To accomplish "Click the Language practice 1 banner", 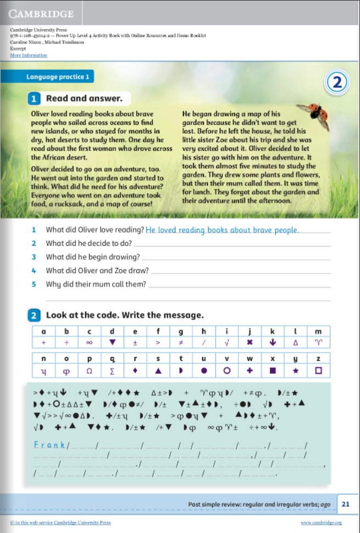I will pyautogui.click(x=57, y=76).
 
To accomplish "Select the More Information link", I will pyautogui.click(x=29, y=55).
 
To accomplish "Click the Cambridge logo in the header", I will pyautogui.click(x=41, y=13).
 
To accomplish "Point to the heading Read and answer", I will pyautogui.click(x=88, y=98).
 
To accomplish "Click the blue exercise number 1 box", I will pyautogui.click(x=34, y=99).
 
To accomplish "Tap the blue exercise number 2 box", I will pyautogui.click(x=34, y=315).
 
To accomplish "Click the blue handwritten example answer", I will pyautogui.click(x=222, y=230).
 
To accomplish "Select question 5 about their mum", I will pyautogui.click(x=96, y=284).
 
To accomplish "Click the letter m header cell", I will pyautogui.click(x=318, y=331).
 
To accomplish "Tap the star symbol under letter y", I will pyautogui.click(x=295, y=371).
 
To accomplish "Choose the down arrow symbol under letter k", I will pyautogui.click(x=272, y=342).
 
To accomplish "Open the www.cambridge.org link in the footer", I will pyautogui.click(x=322, y=523).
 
